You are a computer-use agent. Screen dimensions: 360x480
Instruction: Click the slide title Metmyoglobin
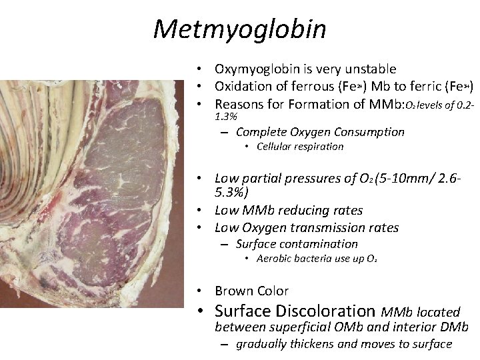[x=239, y=29]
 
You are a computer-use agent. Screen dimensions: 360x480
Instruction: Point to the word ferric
[x=421, y=87]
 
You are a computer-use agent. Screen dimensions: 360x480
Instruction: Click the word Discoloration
[x=331, y=311]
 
